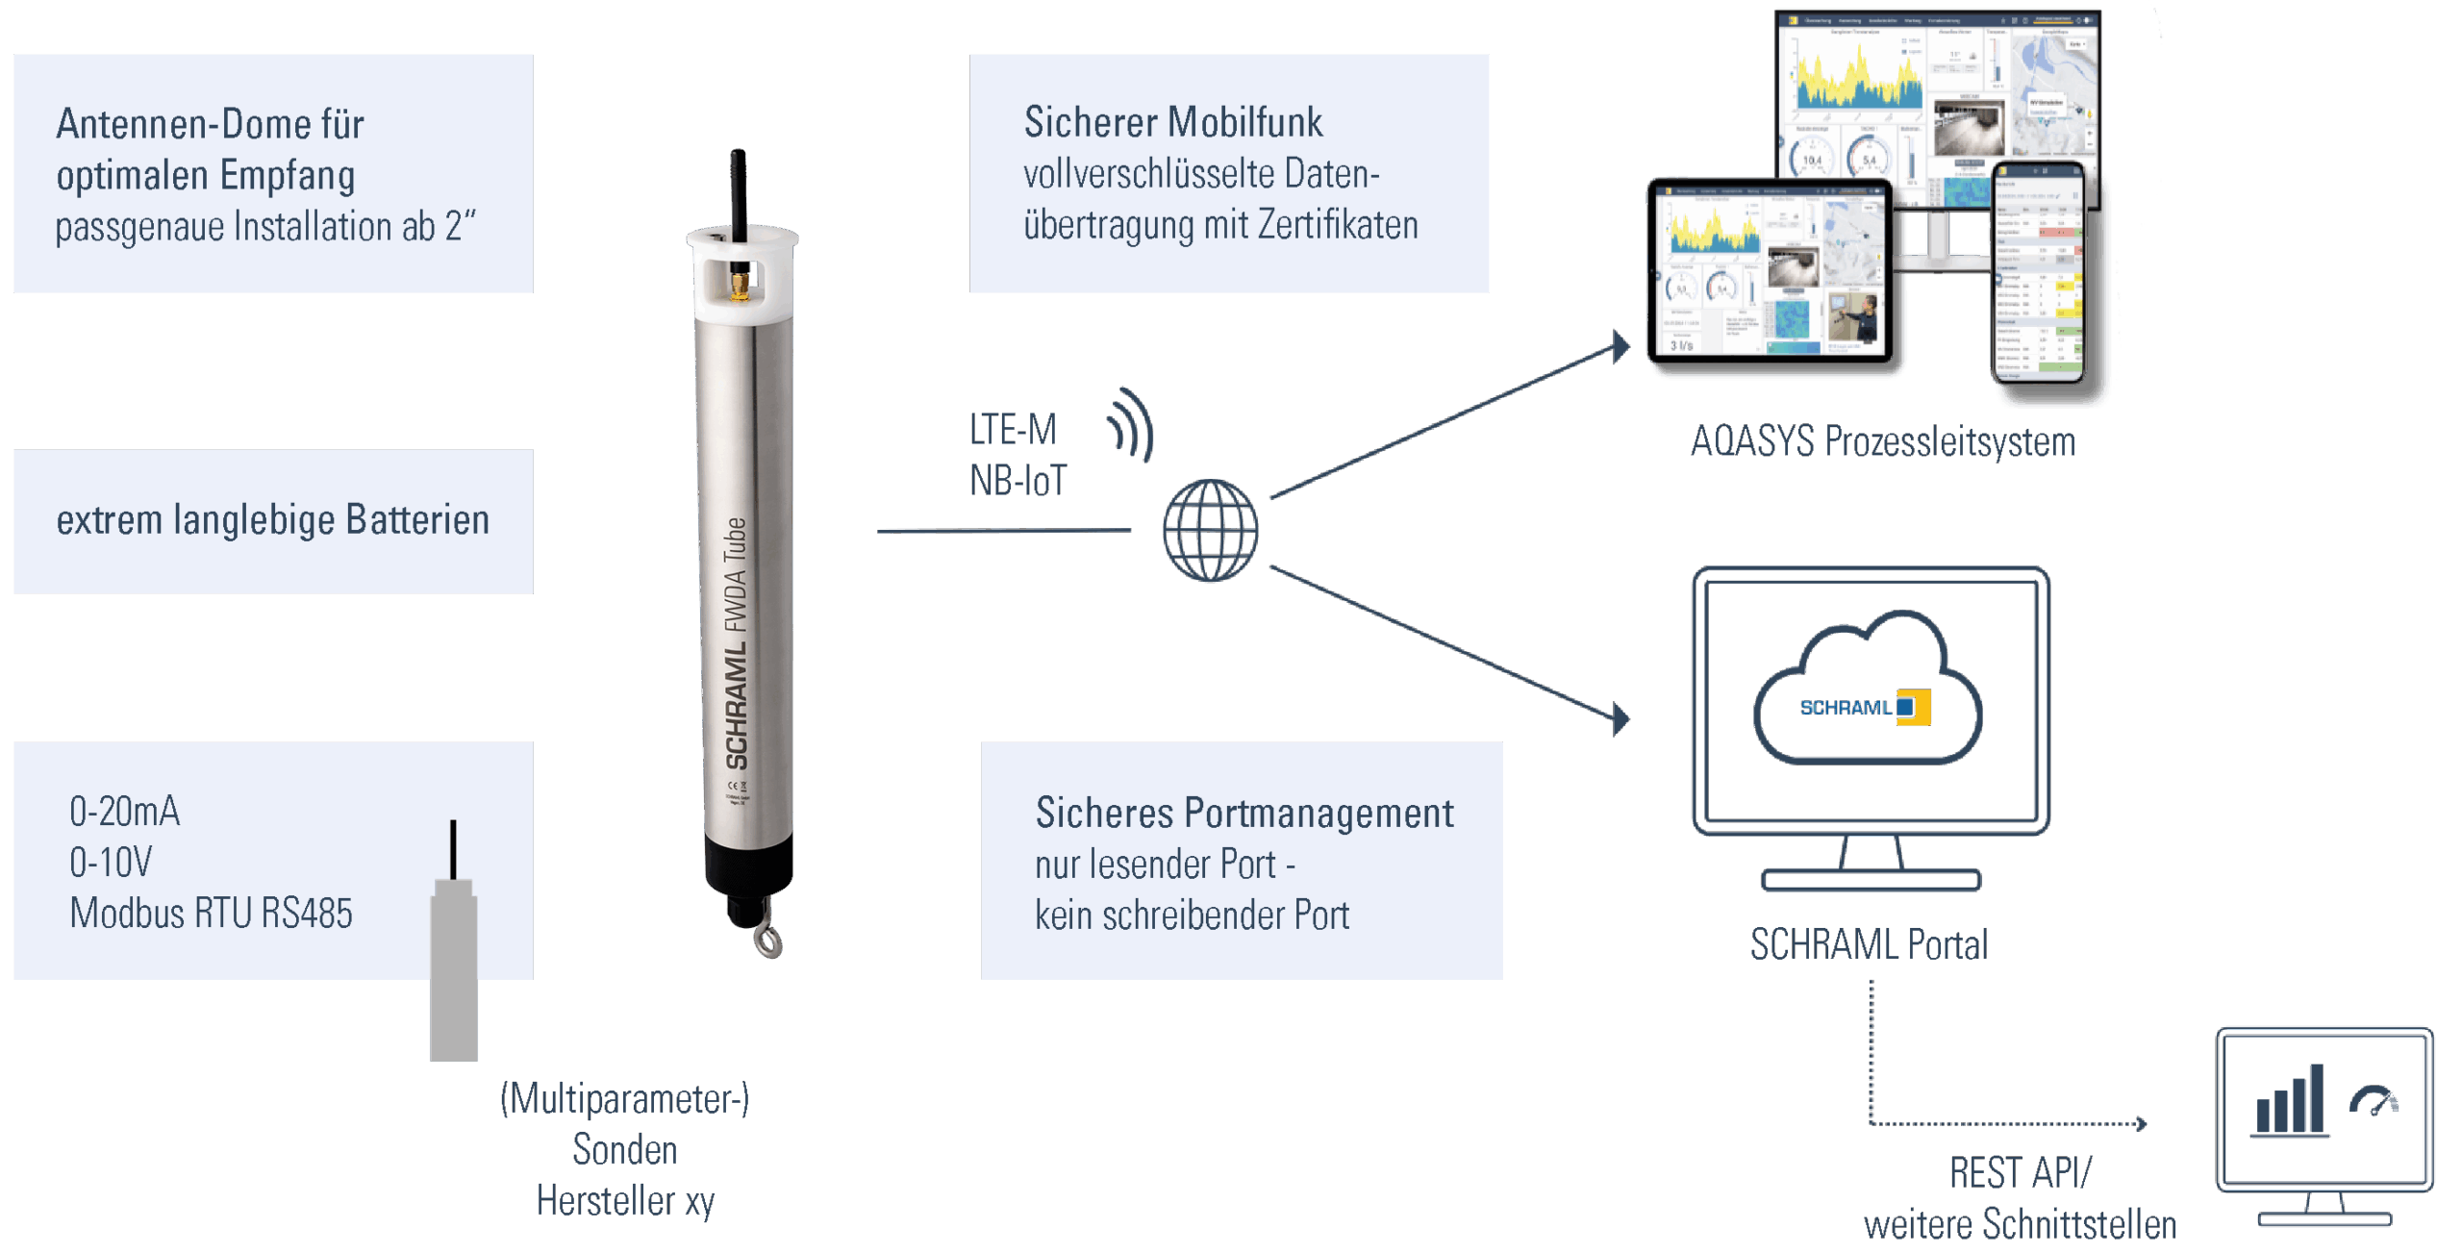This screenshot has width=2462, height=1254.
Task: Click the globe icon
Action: click(1210, 530)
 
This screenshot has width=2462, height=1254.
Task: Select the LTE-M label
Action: click(1012, 430)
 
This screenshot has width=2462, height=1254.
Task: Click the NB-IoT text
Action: click(1017, 481)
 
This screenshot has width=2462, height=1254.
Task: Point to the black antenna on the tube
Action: click(738, 192)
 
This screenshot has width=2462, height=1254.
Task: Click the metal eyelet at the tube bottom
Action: click(768, 942)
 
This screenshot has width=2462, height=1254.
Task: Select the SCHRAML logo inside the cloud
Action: click(1864, 708)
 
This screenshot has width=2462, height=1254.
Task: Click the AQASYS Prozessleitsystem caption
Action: click(1882, 442)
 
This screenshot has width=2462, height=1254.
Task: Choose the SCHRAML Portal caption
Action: click(1868, 944)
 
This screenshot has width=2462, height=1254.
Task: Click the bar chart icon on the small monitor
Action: click(2290, 1102)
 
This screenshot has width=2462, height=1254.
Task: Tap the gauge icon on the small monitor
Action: click(2374, 1100)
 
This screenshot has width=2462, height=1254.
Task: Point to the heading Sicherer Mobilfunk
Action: click(1172, 122)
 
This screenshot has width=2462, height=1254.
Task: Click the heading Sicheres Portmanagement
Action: click(1244, 814)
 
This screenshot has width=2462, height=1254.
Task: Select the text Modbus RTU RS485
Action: click(211, 914)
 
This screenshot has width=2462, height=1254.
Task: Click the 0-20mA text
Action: click(124, 812)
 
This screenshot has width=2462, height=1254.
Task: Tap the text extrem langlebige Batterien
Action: click(272, 520)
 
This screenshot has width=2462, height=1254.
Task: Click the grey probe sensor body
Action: click(454, 971)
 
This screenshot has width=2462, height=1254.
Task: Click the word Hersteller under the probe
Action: click(606, 1201)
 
